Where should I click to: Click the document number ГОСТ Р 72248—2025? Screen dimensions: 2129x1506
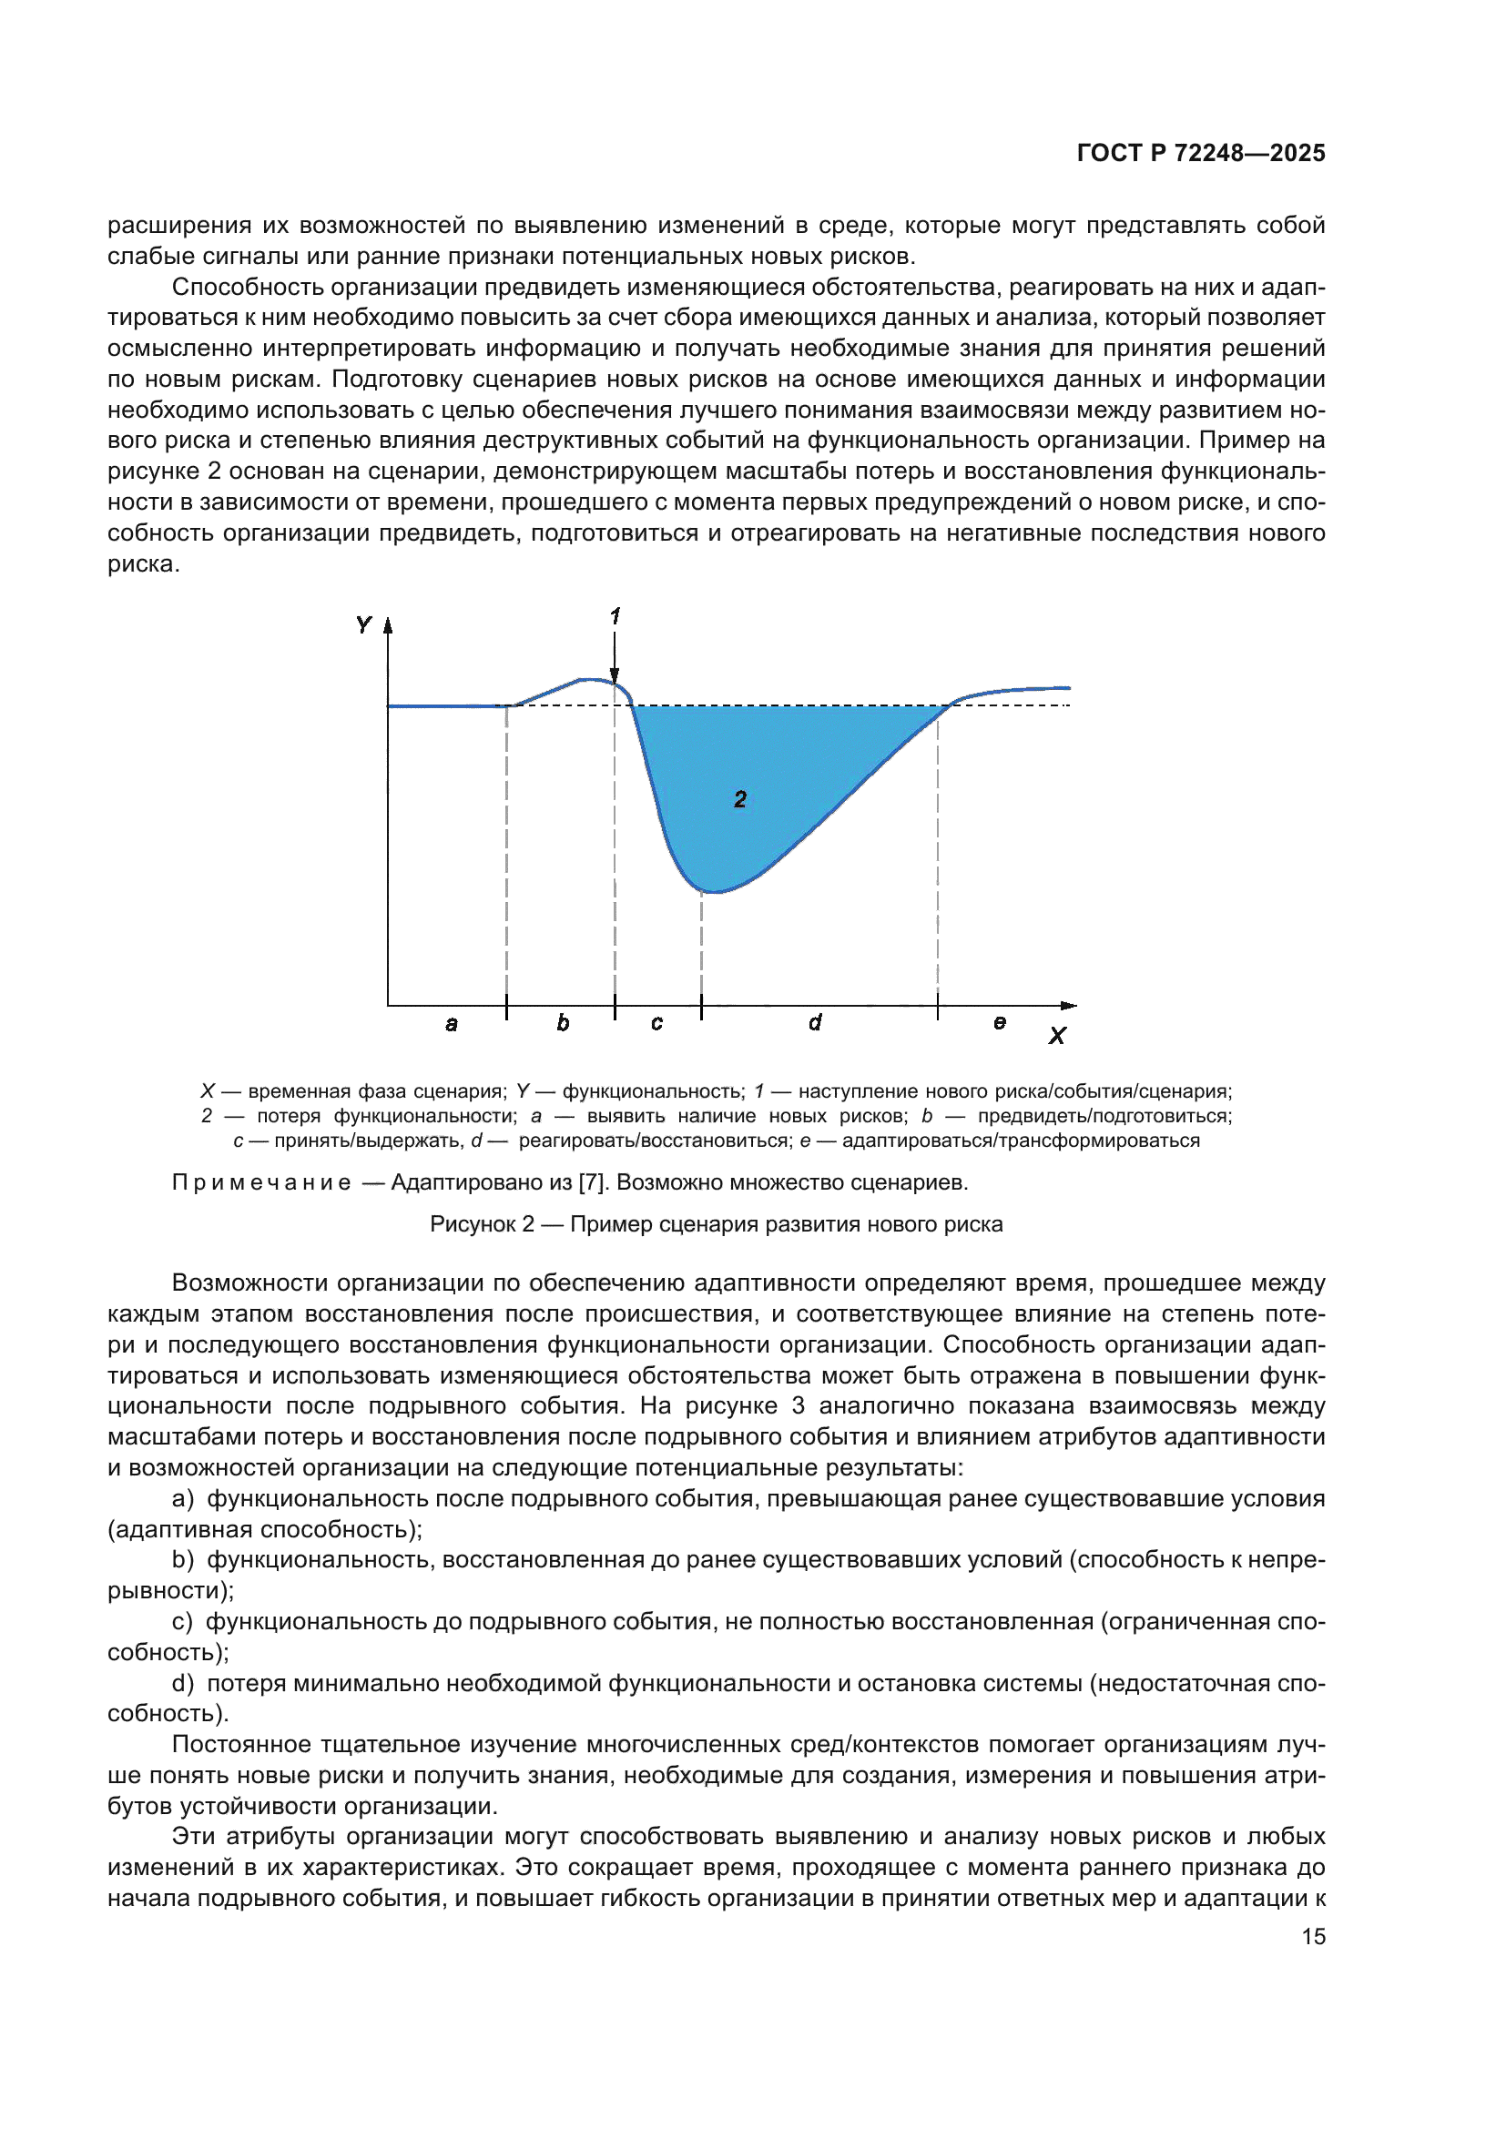(x=1200, y=153)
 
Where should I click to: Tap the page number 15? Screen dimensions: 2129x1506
(x=1313, y=1936)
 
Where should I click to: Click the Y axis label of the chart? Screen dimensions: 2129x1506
(x=363, y=625)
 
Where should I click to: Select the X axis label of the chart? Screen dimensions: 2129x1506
(x=1057, y=1036)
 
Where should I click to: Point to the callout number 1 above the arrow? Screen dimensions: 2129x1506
(x=615, y=615)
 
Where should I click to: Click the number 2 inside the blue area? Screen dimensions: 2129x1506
(x=740, y=799)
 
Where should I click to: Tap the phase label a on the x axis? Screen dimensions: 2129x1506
(x=452, y=1024)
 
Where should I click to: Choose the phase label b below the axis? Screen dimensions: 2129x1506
(x=563, y=1023)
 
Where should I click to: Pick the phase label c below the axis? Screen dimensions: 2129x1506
(x=656, y=1023)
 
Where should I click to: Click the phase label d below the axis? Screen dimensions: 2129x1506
(x=815, y=1022)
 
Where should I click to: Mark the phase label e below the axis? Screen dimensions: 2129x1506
(x=999, y=1022)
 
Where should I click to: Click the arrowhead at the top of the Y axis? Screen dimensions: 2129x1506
(x=389, y=626)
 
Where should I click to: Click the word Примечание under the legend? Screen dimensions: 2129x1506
(x=261, y=1182)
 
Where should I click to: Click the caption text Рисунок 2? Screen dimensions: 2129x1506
(x=482, y=1224)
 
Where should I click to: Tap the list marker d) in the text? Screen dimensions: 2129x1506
(x=183, y=1683)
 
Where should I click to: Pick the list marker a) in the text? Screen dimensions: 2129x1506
(x=183, y=1498)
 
